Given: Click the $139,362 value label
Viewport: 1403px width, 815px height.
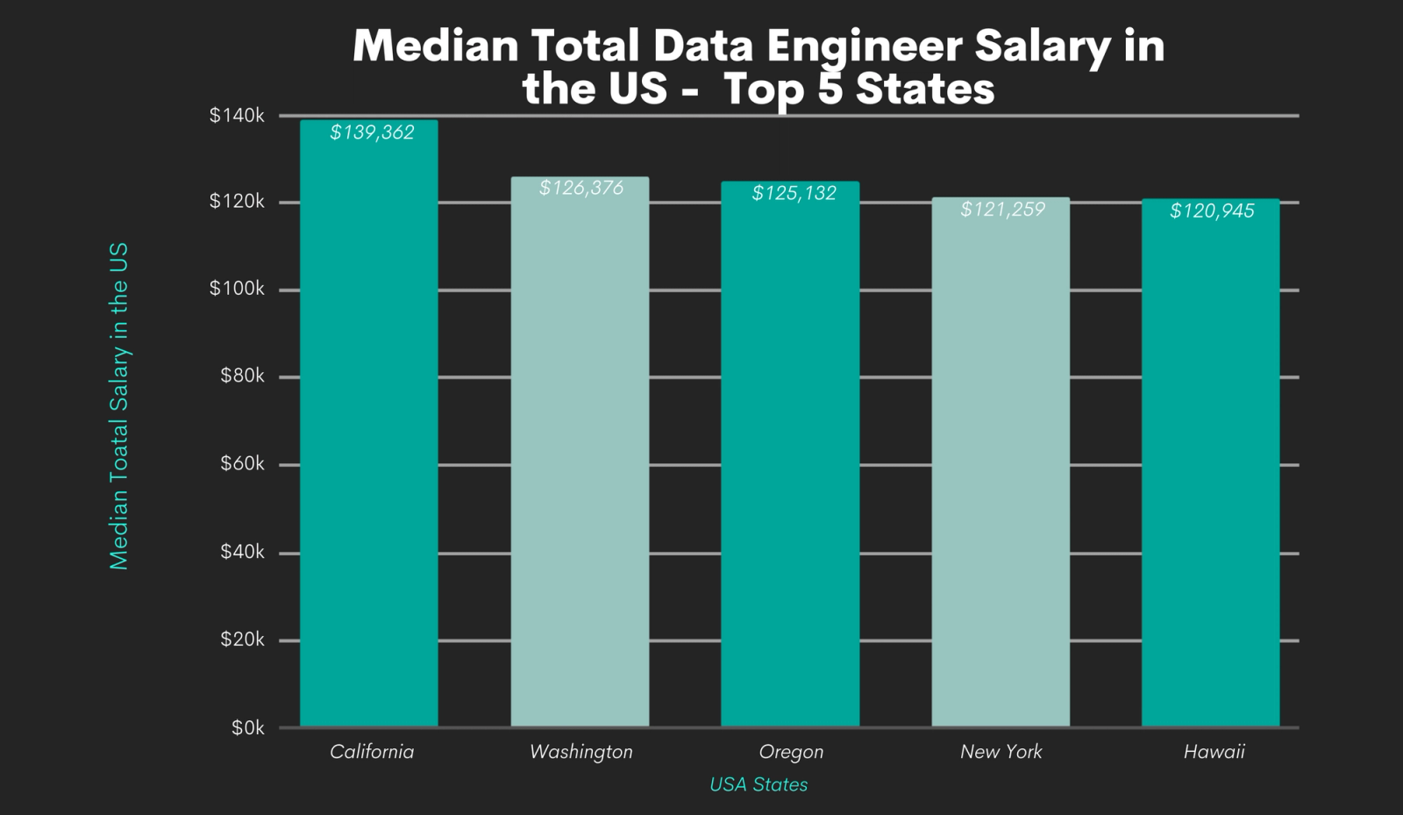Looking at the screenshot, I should [x=372, y=132].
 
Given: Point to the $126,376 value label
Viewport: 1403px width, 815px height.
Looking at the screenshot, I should [x=581, y=188].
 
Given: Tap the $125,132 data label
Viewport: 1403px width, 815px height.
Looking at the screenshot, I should [x=794, y=193].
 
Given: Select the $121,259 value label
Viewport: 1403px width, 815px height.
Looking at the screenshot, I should [x=1002, y=209].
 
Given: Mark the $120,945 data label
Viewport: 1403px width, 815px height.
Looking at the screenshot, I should [x=1212, y=211].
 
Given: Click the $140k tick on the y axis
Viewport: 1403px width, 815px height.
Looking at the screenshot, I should [x=237, y=116].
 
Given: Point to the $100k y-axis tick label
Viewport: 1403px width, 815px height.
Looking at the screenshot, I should [x=237, y=289].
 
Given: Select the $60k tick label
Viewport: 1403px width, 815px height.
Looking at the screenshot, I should [x=242, y=463].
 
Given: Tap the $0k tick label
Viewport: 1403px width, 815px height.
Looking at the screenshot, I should [x=247, y=727].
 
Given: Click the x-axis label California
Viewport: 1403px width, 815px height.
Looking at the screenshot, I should [x=372, y=752].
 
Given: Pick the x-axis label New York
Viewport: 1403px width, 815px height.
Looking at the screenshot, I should [x=1001, y=752].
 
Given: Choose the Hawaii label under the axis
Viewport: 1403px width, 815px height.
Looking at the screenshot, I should [x=1214, y=752].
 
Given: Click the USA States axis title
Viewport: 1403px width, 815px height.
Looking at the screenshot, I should [x=758, y=784].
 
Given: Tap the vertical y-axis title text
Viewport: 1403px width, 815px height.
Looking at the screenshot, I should [x=119, y=405].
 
